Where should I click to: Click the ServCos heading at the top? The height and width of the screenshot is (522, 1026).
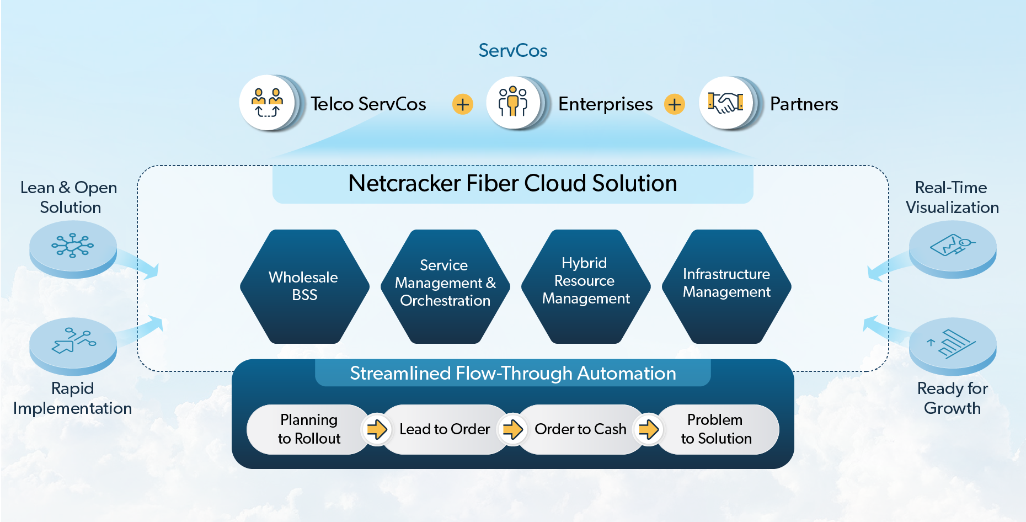pyautogui.click(x=512, y=51)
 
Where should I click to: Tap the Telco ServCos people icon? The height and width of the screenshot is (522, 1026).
pyautogui.click(x=268, y=103)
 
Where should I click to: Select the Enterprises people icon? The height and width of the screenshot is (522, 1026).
pyautogui.click(x=513, y=103)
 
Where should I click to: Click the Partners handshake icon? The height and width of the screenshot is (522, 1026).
pyautogui.click(x=726, y=103)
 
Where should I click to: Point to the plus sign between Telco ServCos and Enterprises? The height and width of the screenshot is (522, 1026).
pyautogui.click(x=462, y=104)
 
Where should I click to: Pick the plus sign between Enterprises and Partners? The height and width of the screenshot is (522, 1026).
pyautogui.click(x=674, y=104)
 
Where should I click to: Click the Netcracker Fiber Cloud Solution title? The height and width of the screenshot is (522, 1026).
pyautogui.click(x=512, y=184)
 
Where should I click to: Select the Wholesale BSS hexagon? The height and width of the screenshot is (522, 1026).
pyautogui.click(x=304, y=286)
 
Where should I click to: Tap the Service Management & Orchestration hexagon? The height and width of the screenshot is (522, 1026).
pyautogui.click(x=445, y=286)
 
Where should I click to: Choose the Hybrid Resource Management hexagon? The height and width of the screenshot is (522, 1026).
pyautogui.click(x=585, y=286)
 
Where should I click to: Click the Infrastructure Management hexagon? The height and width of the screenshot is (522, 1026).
pyautogui.click(x=726, y=286)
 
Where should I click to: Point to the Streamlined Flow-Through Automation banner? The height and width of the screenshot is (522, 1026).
pyautogui.click(x=512, y=374)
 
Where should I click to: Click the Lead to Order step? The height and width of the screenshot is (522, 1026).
pyautogui.click(x=445, y=429)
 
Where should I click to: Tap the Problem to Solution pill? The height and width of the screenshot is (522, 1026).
pyautogui.click(x=717, y=429)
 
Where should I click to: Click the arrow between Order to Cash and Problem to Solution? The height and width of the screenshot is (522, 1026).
pyautogui.click(x=649, y=429)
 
